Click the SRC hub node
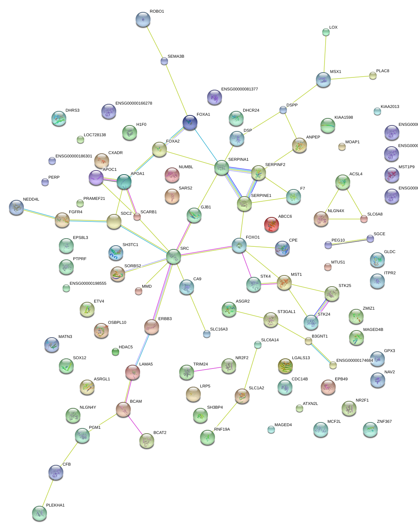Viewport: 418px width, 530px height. click(x=174, y=256)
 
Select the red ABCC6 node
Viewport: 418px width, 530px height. click(x=271, y=224)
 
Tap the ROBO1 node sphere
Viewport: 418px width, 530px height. click(x=143, y=19)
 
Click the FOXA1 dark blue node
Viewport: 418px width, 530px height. click(x=190, y=122)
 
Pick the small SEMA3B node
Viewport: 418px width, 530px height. click(x=164, y=61)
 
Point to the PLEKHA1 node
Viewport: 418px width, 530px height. click(x=39, y=513)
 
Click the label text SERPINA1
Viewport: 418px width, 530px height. click(x=238, y=160)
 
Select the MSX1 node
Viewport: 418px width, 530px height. click(x=323, y=80)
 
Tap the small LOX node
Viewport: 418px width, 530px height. click(x=326, y=32)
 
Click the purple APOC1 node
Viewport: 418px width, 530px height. click(x=96, y=178)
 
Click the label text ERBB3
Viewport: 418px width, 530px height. click(x=165, y=319)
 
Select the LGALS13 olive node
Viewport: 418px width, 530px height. click(x=285, y=366)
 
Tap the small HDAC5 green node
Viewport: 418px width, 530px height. click(x=115, y=352)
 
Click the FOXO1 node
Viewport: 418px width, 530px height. click(x=239, y=245)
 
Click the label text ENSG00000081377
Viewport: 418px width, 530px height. click(x=240, y=89)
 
